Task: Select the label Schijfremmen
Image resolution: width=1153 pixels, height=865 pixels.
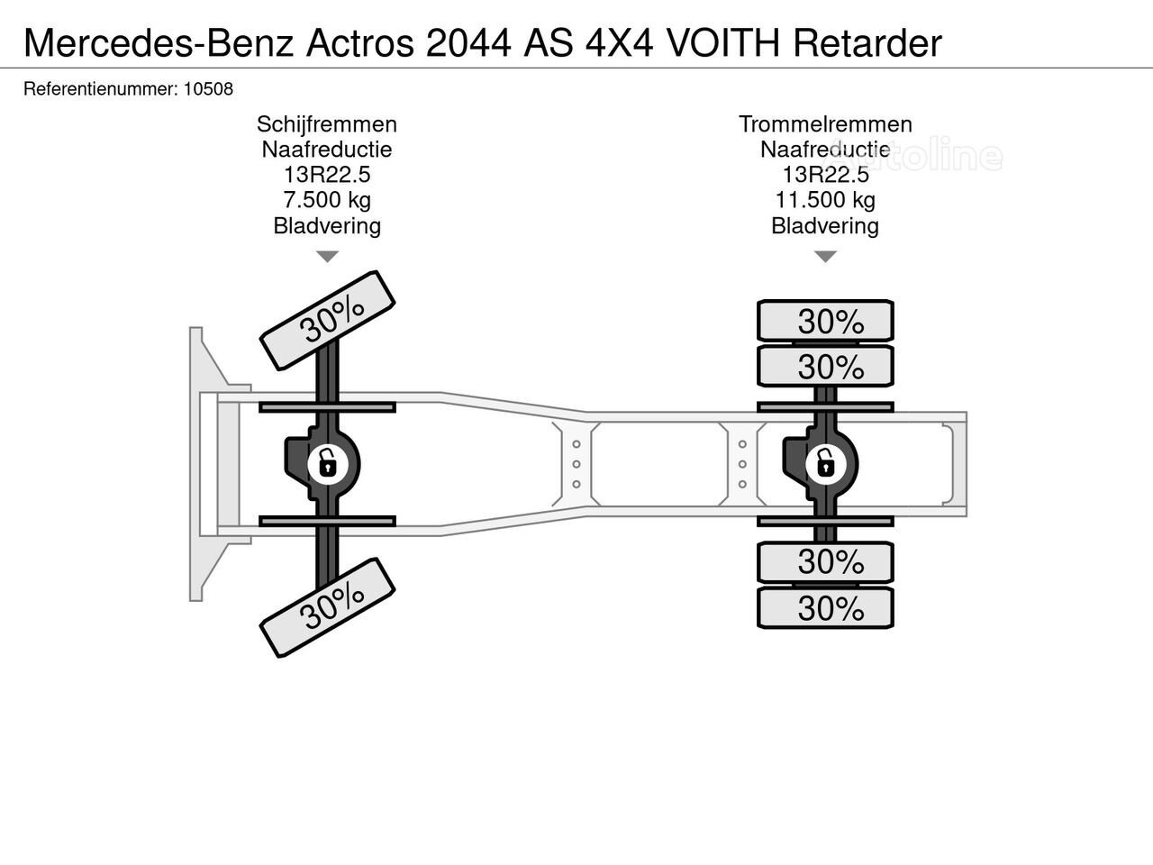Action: pyautogui.click(x=327, y=124)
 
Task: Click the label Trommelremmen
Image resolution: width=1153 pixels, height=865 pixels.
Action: pyautogui.click(x=825, y=124)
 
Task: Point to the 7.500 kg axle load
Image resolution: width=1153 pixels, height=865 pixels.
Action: pyautogui.click(x=327, y=200)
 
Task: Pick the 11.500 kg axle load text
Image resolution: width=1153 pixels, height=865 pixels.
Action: pyautogui.click(x=825, y=200)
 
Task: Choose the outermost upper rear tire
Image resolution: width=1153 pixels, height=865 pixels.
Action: pyautogui.click(x=825, y=321)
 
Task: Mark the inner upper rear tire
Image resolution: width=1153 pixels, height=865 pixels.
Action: pyautogui.click(x=825, y=366)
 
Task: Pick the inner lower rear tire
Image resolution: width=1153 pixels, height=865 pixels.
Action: pyautogui.click(x=825, y=562)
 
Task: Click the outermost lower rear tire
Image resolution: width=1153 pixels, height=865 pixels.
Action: pyautogui.click(x=825, y=608)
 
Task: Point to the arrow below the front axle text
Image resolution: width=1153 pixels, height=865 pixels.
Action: pyautogui.click(x=327, y=257)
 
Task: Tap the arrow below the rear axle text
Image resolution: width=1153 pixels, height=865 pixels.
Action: pyautogui.click(x=825, y=257)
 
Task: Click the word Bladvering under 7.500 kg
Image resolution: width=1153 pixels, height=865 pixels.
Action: pyautogui.click(x=327, y=225)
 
